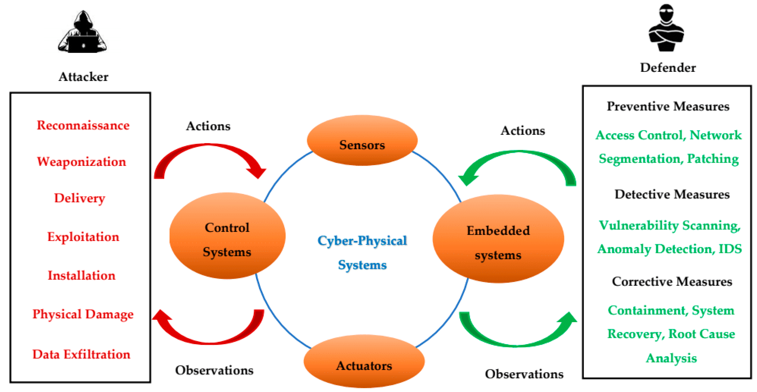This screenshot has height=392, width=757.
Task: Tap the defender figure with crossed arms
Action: point(666,29)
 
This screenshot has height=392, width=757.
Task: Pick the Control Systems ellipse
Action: point(227,236)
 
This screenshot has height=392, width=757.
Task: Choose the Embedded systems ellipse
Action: point(498,239)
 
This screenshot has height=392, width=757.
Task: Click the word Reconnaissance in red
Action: point(83,126)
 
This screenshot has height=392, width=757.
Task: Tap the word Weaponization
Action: point(81,162)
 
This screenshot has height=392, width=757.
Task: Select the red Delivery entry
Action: point(80,198)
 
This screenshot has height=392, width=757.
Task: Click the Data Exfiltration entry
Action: point(81,354)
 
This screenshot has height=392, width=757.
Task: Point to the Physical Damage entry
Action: point(83,314)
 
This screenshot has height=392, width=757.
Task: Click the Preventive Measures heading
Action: point(668,106)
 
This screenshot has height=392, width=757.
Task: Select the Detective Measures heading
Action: point(672,194)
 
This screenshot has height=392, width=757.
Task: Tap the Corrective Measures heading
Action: point(672,281)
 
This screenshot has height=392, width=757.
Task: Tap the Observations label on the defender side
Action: point(524,374)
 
